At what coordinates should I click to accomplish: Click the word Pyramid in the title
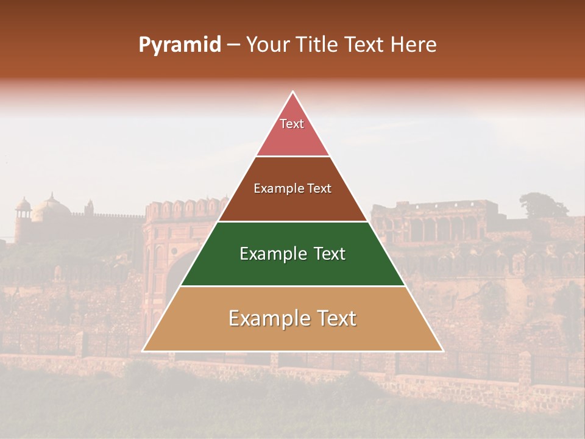tap(180, 45)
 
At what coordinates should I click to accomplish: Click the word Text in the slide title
tap(364, 45)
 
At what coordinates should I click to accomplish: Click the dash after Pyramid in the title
tap(233, 45)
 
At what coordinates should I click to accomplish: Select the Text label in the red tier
tap(292, 124)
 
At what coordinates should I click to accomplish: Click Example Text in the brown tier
tap(292, 188)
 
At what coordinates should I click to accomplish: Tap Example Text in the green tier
tap(292, 254)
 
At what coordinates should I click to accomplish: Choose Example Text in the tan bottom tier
tap(292, 318)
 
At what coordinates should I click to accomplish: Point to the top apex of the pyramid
tap(293, 91)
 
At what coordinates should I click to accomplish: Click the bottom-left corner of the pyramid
tap(143, 351)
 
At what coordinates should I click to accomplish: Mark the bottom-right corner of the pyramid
tap(443, 351)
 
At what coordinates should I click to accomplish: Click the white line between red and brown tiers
tap(292, 156)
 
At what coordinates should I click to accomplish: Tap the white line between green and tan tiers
tap(292, 286)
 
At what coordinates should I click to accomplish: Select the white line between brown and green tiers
tap(292, 221)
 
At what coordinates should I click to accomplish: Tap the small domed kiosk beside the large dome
tap(23, 207)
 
